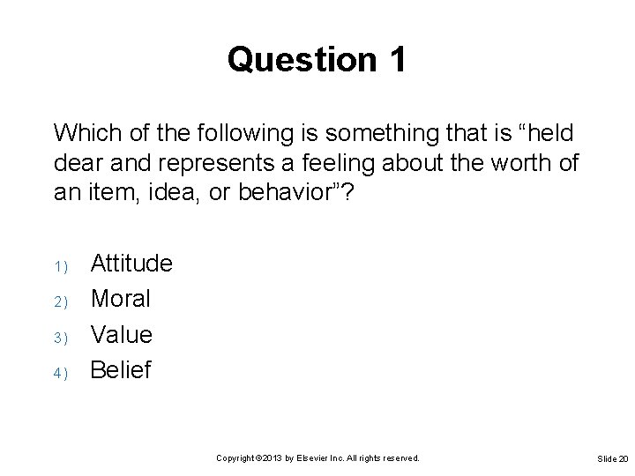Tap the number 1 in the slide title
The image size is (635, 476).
(x=396, y=61)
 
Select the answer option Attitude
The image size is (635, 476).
(x=131, y=263)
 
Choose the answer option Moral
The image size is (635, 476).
(x=121, y=299)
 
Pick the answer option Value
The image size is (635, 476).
(x=122, y=334)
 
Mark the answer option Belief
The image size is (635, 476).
(x=122, y=370)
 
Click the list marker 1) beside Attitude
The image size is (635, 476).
(x=60, y=266)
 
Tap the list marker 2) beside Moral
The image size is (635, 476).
(x=60, y=301)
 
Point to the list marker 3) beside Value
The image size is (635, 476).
(x=60, y=338)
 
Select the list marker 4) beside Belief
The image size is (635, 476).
(x=60, y=373)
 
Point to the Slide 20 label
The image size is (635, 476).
(x=612, y=459)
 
